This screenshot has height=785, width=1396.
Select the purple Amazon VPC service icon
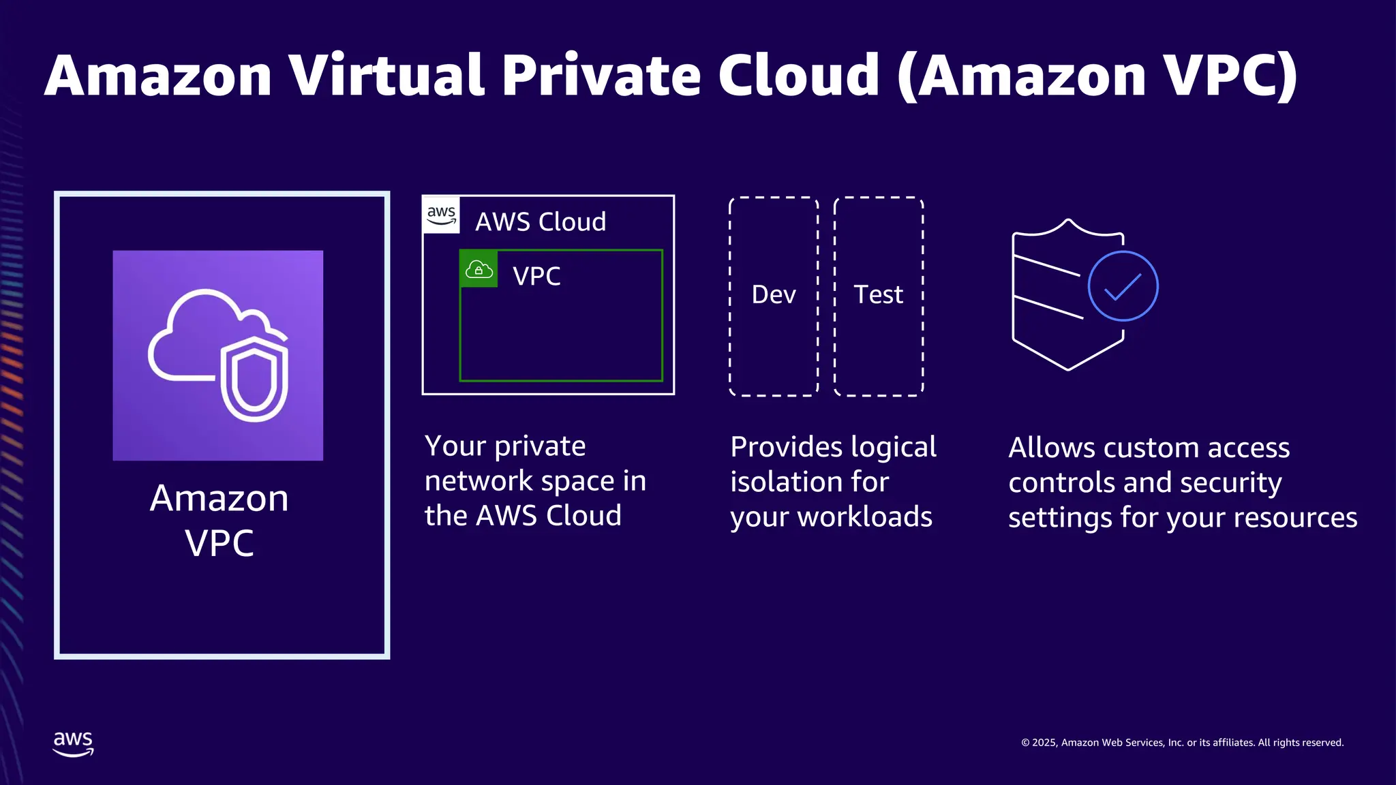pos(218,355)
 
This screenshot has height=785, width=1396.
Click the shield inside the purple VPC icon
pos(254,378)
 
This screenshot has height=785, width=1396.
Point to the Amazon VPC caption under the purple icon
pos(219,520)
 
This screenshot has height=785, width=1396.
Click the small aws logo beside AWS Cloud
pos(441,215)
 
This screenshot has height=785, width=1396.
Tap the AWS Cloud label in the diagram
pos(541,222)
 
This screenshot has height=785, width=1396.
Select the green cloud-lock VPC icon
pos(479,269)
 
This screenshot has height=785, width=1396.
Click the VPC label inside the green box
pos(536,276)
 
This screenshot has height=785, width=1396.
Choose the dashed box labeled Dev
pos(774,296)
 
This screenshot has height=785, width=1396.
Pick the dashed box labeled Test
pos(879,296)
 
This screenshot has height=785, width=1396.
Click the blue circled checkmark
pos(1123,286)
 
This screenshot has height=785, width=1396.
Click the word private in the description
pos(540,446)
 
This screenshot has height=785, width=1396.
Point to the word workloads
pos(865,517)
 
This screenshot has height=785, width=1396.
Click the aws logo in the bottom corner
pos(73,743)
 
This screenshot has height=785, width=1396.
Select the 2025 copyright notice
pos(1182,743)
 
